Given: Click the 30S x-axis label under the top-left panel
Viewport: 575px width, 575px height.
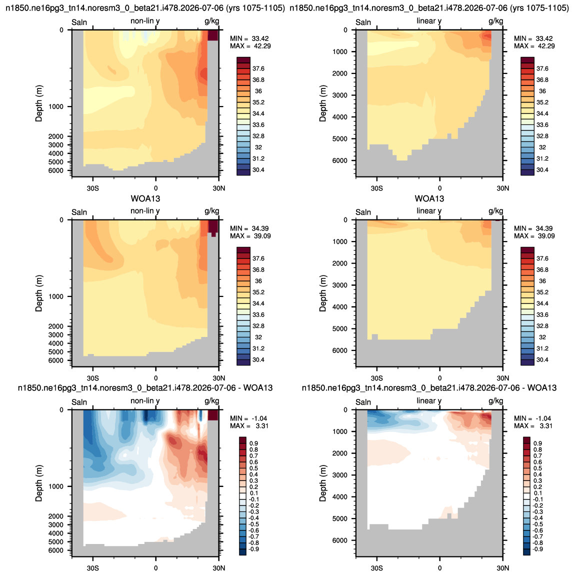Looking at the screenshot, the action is [x=93, y=188].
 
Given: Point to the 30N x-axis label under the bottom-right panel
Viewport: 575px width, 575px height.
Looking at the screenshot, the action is [x=503, y=568].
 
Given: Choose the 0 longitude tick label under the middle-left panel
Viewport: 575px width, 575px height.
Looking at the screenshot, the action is [x=156, y=378].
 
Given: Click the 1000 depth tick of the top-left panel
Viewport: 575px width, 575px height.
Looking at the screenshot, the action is [x=56, y=106].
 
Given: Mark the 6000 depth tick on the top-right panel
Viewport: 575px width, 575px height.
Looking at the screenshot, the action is [x=340, y=160].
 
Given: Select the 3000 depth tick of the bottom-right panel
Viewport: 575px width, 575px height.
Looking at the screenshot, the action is [x=340, y=475].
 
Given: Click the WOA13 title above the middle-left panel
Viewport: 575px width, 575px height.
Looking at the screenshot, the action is [x=145, y=199].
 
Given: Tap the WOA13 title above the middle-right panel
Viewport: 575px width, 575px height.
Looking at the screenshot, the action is [x=429, y=199].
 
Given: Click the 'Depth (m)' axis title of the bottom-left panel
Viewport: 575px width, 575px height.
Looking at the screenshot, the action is [x=39, y=483].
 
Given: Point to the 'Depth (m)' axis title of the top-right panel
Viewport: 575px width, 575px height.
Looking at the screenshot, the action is [x=322, y=103].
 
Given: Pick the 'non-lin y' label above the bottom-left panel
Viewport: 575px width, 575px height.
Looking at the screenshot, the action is [x=145, y=401].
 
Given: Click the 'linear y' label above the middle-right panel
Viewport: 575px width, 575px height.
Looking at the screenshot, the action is [x=429, y=211].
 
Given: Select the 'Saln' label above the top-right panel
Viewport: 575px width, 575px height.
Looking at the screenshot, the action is [x=363, y=22].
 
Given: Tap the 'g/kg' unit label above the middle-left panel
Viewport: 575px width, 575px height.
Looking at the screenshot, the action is [x=212, y=211].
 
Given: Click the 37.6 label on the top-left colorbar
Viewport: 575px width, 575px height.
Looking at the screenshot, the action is [x=258, y=68].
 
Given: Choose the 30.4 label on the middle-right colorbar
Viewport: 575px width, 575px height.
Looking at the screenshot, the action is [x=542, y=359].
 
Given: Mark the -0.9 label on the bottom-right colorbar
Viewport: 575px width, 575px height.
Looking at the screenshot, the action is [x=537, y=549].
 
